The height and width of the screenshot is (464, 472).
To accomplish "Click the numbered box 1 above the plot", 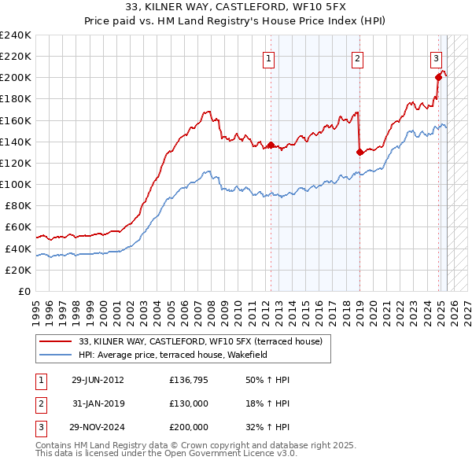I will (x=269, y=57).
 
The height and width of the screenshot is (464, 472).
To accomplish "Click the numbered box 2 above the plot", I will (x=357, y=57).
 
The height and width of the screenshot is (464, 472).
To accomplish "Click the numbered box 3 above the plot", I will (x=436, y=57).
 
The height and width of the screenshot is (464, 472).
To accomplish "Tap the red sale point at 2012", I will (x=271, y=145).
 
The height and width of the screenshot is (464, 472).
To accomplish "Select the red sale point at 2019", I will (x=360, y=152).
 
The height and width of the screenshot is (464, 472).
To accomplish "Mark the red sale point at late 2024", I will (x=439, y=77).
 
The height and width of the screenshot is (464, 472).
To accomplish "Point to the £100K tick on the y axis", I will (x=17, y=184).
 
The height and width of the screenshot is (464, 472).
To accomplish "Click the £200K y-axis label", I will (x=17, y=77).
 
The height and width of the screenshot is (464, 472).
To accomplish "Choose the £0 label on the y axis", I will (x=24, y=291).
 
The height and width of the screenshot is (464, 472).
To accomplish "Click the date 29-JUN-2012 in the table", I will (x=98, y=380).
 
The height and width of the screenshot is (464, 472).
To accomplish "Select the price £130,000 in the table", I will (x=189, y=403).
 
